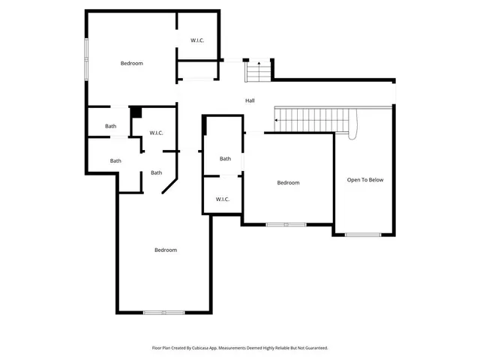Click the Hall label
tap(250, 100)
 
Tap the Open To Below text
tap(365, 180)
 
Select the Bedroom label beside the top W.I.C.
tap(132, 63)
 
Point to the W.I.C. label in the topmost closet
tap(197, 40)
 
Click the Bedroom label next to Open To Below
tap(288, 183)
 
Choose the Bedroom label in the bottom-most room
tap(166, 250)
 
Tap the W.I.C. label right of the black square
tap(156, 133)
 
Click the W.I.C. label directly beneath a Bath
tap(223, 199)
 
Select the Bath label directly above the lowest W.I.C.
tap(225, 158)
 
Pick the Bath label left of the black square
tap(110, 126)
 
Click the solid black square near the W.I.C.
tap(136, 112)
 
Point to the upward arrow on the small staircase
tap(258, 64)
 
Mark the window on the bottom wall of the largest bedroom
tap(164, 312)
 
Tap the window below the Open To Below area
tap(364, 235)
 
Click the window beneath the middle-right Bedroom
tap(286, 224)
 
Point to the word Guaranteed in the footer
tap(316, 348)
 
